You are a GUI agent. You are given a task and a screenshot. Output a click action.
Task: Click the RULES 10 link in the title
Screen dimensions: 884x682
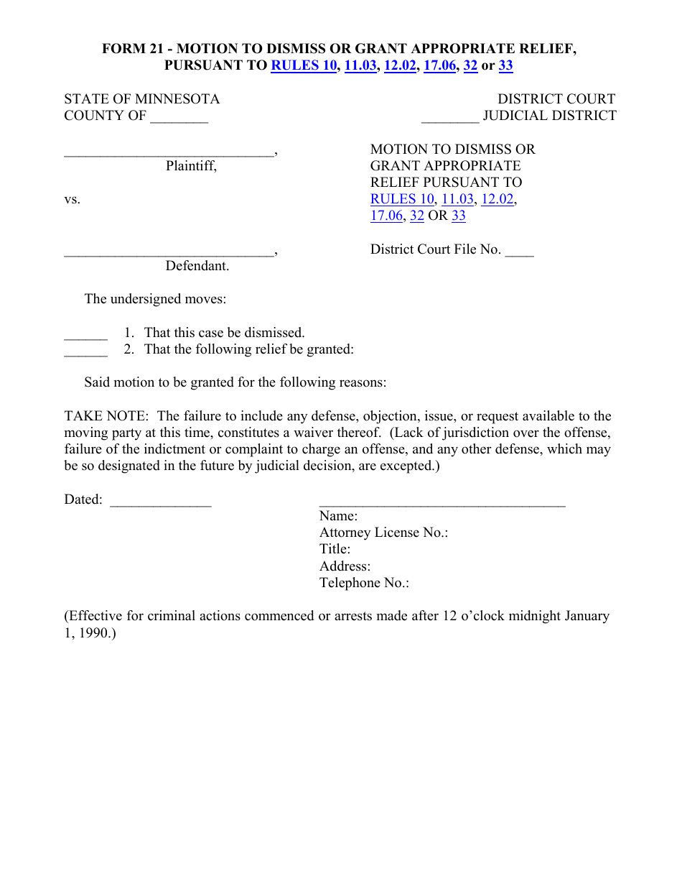304,66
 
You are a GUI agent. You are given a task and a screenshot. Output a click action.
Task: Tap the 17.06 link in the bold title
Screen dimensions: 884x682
440,66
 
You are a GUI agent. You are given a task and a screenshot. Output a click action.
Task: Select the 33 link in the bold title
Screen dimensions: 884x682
505,66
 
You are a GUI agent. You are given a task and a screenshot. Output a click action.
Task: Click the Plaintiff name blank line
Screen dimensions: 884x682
169,153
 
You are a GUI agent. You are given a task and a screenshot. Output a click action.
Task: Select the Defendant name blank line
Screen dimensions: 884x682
169,253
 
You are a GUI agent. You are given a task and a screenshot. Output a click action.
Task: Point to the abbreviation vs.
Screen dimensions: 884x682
73,200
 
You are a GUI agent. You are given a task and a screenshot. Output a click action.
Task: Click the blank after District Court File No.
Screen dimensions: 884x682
519,252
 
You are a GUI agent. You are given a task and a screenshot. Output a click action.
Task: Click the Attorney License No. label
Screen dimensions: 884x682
383,533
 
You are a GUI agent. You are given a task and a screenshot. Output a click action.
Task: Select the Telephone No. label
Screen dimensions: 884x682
364,583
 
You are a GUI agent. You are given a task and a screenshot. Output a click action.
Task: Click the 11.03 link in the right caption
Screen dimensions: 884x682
457,199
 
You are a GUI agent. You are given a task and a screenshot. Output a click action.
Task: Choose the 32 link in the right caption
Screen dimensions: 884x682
417,216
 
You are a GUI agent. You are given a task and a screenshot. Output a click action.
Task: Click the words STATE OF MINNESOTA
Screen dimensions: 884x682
142,99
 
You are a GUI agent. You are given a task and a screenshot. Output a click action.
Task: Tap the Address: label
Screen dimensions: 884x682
345,566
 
